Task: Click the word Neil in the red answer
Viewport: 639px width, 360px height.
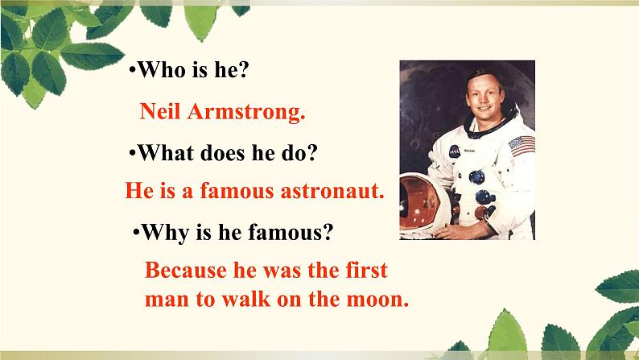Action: click(x=159, y=111)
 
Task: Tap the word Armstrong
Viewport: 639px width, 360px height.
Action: click(x=246, y=112)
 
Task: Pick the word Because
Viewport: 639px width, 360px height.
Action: click(x=185, y=271)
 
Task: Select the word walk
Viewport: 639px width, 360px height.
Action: click(x=245, y=299)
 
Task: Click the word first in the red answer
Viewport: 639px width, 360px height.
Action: click(x=366, y=271)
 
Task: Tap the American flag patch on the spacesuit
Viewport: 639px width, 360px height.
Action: click(x=522, y=146)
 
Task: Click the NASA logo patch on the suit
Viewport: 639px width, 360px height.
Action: click(x=455, y=151)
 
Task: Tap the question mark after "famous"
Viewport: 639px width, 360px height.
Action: click(x=328, y=233)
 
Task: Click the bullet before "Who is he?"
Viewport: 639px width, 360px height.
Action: click(x=132, y=71)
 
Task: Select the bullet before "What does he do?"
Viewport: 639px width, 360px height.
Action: click(x=132, y=153)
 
